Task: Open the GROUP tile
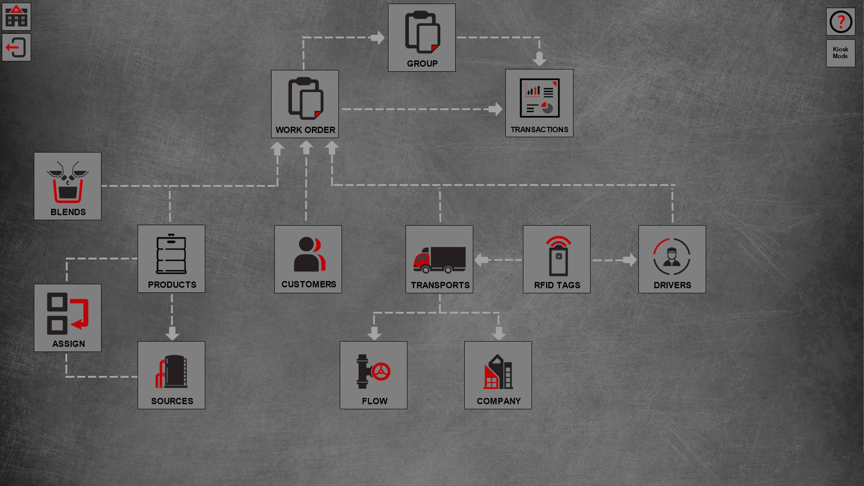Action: click(421, 38)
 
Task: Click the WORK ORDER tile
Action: click(305, 104)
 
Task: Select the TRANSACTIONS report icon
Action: click(539, 98)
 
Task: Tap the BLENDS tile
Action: click(68, 186)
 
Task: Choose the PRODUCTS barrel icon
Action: click(171, 254)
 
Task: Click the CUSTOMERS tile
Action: click(308, 259)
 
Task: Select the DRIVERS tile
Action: click(672, 259)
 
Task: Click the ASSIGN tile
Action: click(68, 318)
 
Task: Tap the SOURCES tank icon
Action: click(171, 371)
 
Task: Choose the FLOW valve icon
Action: click(374, 371)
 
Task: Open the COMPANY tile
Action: click(498, 375)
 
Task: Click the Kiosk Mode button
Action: click(840, 53)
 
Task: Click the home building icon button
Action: click(16, 17)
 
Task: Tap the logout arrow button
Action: click(16, 47)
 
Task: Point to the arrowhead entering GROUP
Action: click(378, 37)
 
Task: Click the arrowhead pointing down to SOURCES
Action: click(172, 334)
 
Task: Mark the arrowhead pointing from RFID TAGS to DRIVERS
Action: click(630, 260)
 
